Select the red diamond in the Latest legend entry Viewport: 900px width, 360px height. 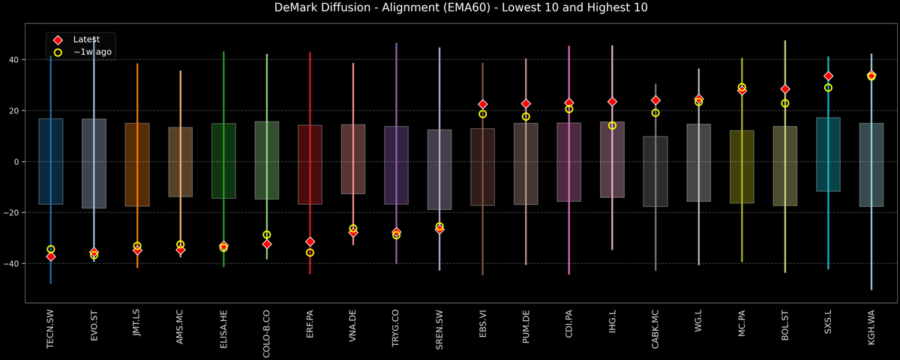(x=58, y=39)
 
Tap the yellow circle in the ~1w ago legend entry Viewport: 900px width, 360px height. (x=58, y=52)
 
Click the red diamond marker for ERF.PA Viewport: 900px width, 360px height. (x=310, y=241)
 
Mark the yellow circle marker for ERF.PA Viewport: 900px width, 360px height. (x=310, y=253)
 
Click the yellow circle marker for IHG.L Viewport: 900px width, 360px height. (x=612, y=125)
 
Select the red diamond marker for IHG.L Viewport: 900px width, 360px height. (x=612, y=101)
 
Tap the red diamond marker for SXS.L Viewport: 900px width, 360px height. (x=828, y=76)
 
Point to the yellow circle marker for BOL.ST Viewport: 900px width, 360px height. (x=785, y=103)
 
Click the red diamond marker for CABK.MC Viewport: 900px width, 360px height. (x=655, y=100)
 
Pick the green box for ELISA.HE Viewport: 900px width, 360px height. (x=223, y=161)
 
